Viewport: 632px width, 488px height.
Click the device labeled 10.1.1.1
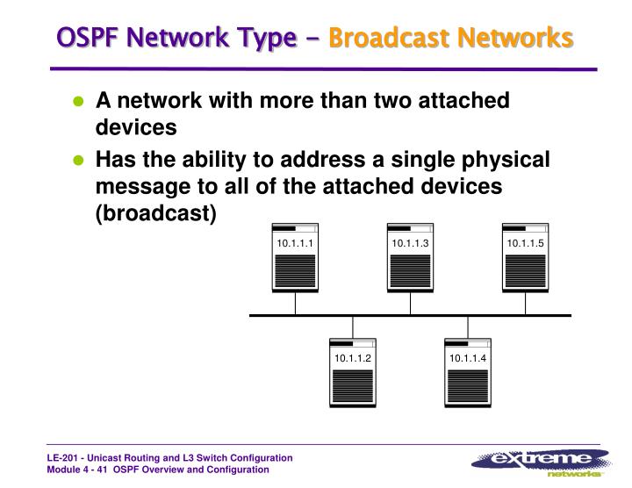click(x=295, y=256)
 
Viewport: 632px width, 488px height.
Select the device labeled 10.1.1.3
click(x=409, y=256)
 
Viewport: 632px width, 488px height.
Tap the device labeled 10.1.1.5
click(x=525, y=256)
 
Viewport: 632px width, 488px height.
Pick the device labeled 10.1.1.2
click(x=352, y=372)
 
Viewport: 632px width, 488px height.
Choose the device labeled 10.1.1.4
click(x=467, y=372)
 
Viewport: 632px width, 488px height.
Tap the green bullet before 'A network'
click(x=78, y=102)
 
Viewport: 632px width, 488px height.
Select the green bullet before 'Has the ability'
click(x=78, y=161)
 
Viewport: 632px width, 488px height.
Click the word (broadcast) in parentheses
click(x=155, y=213)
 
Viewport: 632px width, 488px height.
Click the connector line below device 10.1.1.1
click(x=295, y=303)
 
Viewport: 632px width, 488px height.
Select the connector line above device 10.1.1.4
click(x=467, y=327)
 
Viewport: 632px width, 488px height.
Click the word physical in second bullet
click(x=504, y=160)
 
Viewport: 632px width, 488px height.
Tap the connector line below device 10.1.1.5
click(x=525, y=303)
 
